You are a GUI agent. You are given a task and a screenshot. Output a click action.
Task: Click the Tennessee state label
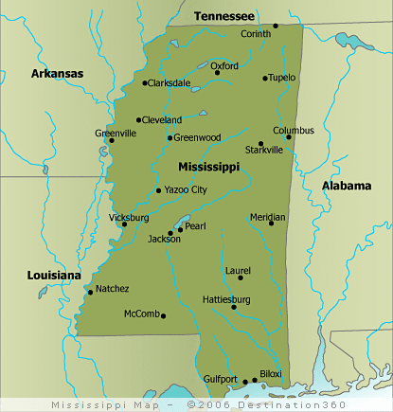pos(223,16)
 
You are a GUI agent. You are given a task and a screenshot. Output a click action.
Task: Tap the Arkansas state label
pos(57,73)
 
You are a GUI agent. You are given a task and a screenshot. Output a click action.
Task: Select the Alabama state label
pos(346,186)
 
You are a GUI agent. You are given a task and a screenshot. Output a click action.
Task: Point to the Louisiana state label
pos(54,275)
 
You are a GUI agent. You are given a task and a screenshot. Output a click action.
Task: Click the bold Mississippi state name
pos(208,166)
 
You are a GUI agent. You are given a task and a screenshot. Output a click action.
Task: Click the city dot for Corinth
pos(276,26)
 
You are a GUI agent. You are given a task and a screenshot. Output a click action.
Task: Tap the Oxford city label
pos(224,66)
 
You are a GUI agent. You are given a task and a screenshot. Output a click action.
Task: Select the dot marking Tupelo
pos(266,79)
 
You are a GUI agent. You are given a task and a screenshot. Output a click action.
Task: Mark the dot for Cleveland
pos(139,120)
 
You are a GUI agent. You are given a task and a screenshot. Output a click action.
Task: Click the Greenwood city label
pos(198,137)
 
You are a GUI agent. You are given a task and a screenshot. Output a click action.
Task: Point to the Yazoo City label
pos(186,189)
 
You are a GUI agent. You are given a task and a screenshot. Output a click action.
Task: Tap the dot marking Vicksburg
pos(124,224)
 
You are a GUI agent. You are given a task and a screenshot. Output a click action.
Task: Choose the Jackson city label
pos(164,239)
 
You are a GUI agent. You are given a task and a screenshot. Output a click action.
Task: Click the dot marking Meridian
pos(271,224)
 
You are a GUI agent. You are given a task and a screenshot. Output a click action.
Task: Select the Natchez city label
pos(113,288)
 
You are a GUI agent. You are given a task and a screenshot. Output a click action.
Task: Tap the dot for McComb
pos(164,316)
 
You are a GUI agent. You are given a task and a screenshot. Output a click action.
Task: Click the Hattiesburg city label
pos(227,299)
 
